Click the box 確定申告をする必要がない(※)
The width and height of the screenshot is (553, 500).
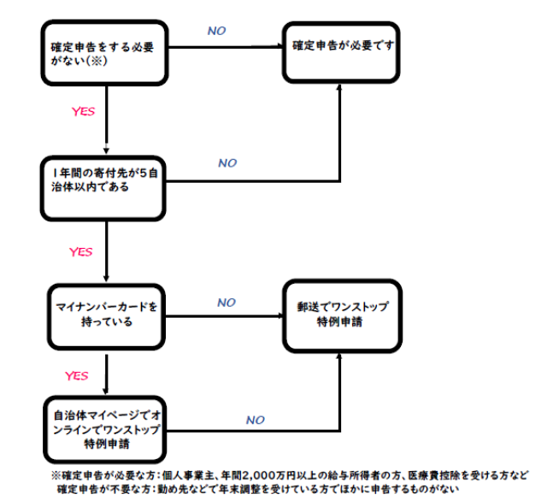click(105, 53)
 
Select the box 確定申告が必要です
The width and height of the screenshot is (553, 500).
click(341, 52)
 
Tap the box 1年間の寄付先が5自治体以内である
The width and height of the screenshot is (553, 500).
click(103, 189)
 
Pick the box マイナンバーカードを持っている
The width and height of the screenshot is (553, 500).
click(106, 316)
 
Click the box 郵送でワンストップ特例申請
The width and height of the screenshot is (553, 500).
click(342, 316)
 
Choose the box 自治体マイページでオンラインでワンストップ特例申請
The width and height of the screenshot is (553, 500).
click(105, 429)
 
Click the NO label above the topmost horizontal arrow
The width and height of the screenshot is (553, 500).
click(216, 31)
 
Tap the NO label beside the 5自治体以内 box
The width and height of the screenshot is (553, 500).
click(227, 163)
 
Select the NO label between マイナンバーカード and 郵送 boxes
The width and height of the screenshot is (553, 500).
click(226, 303)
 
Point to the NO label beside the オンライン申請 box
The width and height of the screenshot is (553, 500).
click(256, 420)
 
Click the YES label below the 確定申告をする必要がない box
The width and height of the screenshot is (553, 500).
click(83, 111)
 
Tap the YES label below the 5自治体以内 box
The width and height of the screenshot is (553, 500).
click(80, 252)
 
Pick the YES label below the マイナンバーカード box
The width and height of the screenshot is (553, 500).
click(77, 376)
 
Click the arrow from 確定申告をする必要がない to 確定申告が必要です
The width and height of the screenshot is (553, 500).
click(226, 46)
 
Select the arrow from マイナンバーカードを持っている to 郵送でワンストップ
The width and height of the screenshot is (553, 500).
click(224, 316)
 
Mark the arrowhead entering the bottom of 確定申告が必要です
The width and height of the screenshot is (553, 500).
click(339, 86)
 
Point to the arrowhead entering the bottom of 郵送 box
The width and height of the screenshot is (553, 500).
click(339, 356)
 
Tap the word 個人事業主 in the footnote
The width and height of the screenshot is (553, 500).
click(188, 476)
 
